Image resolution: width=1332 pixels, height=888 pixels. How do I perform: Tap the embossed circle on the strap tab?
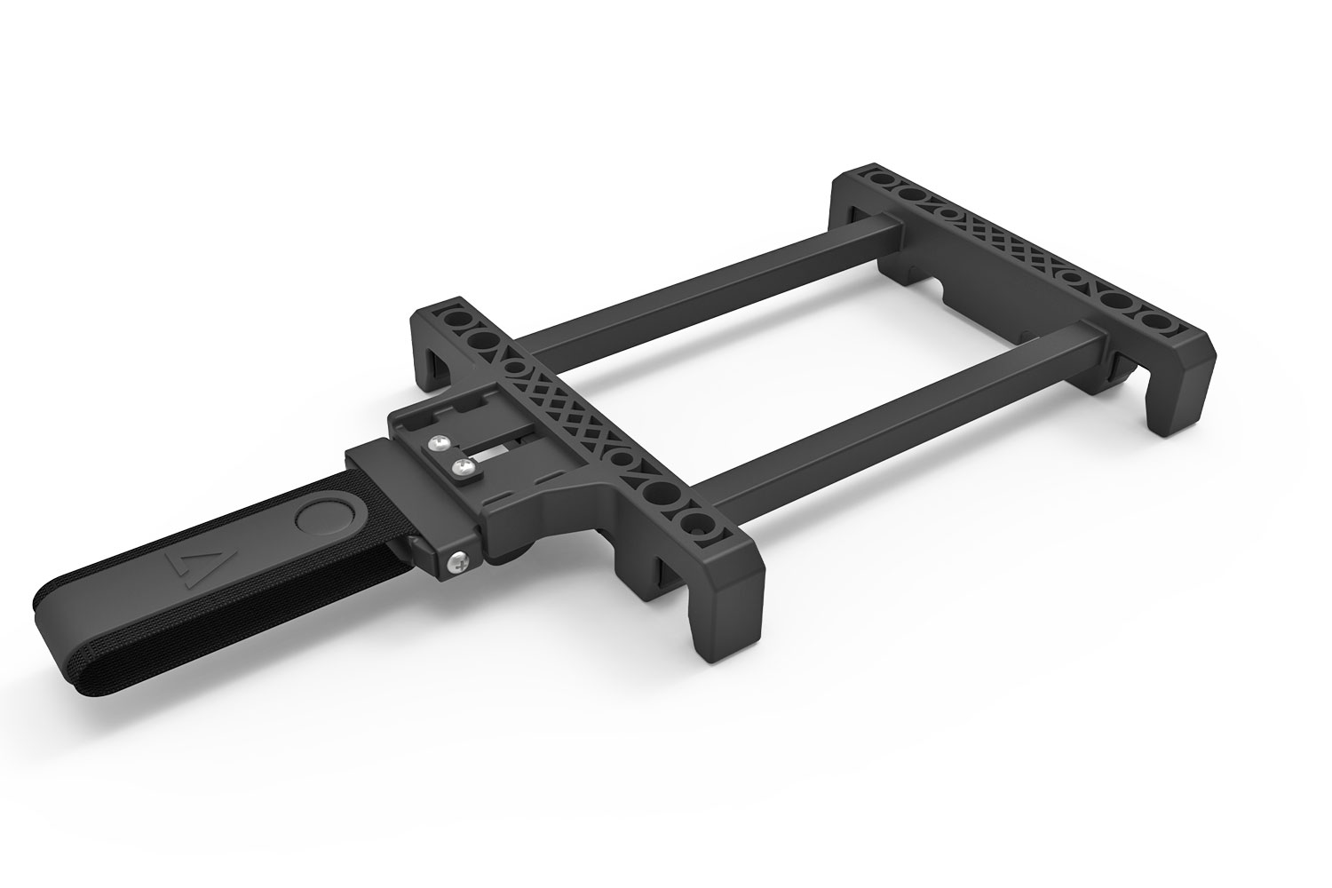pyautogui.click(x=321, y=516)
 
